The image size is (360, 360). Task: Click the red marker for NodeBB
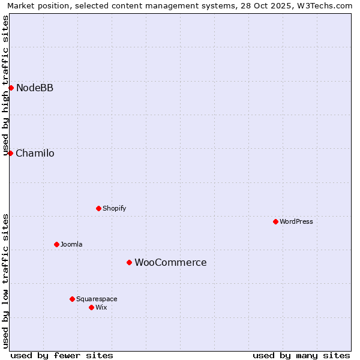coord(11,88)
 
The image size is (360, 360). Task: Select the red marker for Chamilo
coord(10,153)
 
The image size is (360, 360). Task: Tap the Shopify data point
coord(98,208)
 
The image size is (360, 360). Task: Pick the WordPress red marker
coord(275,221)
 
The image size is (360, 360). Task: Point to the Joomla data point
coord(56,244)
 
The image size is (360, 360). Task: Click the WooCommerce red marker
coord(129,262)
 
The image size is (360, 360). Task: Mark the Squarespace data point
coord(72,299)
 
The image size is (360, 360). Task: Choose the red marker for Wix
coord(91,307)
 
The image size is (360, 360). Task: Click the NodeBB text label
coord(35,88)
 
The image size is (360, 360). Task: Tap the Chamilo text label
coord(35,153)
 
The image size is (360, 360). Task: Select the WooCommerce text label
coord(170,262)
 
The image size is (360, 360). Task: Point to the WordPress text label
coord(296,221)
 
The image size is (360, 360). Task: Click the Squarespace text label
coord(97,299)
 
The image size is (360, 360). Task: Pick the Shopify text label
coord(114,208)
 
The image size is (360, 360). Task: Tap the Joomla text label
coord(71,244)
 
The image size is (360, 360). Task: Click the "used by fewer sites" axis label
coord(62,355)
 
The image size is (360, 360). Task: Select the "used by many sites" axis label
coord(301,355)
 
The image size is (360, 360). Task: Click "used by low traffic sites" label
coord(5,281)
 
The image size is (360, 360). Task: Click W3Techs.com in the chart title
coord(325,5)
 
